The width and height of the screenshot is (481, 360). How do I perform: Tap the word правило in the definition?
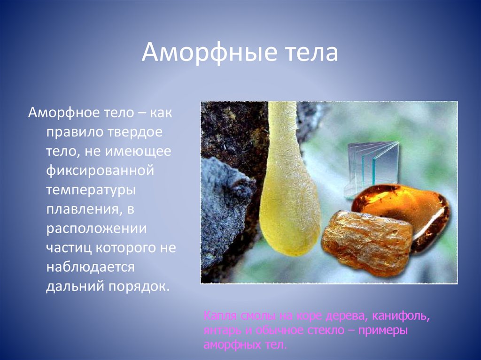[x=78, y=132]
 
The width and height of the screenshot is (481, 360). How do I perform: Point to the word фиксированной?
[x=100, y=170]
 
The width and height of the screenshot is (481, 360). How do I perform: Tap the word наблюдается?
[x=90, y=267]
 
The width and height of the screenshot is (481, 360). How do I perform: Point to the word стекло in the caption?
[x=324, y=330]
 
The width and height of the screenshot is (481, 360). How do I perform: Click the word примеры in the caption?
[x=382, y=330]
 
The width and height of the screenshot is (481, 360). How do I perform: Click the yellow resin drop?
[x=289, y=207]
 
